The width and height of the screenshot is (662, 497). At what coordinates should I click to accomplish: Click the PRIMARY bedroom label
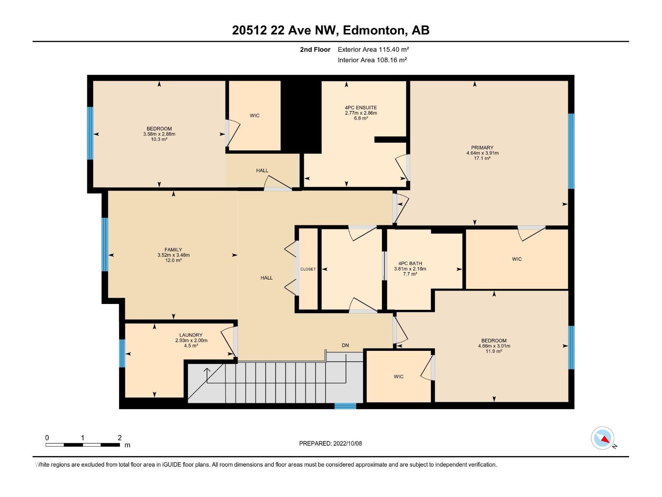click(482, 147)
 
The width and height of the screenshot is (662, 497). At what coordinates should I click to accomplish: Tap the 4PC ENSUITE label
click(361, 108)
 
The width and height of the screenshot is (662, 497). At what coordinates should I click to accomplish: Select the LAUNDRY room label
click(191, 335)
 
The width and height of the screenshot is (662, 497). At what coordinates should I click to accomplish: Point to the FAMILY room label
click(173, 250)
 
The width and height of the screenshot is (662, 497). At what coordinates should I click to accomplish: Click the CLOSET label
click(308, 269)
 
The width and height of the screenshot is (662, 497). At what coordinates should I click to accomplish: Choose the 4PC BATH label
click(410, 263)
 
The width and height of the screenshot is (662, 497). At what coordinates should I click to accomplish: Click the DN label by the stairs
click(345, 345)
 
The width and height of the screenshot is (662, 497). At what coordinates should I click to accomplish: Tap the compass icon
click(602, 438)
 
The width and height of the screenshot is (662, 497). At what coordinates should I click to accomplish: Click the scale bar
click(83, 445)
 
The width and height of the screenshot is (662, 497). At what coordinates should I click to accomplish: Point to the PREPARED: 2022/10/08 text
click(330, 444)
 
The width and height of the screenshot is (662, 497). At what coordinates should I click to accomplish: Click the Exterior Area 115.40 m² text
click(373, 49)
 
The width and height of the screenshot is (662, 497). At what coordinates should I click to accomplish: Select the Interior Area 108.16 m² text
click(372, 60)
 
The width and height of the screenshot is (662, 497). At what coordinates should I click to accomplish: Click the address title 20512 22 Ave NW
click(331, 30)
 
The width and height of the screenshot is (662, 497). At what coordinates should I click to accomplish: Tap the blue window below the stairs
click(345, 406)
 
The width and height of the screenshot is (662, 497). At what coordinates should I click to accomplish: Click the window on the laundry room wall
click(122, 353)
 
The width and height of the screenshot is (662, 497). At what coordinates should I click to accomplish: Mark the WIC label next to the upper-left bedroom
click(254, 116)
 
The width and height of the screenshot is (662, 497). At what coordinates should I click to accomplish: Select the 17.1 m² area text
click(482, 158)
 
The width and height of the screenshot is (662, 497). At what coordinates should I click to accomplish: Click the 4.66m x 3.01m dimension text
click(494, 346)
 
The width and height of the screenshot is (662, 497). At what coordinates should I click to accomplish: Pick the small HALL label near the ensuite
click(262, 171)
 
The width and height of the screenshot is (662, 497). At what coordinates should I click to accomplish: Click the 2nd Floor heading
click(315, 50)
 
